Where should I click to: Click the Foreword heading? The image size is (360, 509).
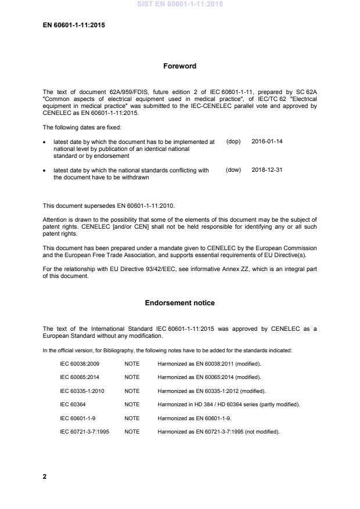tap(180, 66)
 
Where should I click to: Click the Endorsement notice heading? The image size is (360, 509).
tap(180, 302)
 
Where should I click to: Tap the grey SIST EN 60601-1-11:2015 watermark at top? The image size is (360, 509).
tap(180, 4)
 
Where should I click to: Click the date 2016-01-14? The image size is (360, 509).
tap(267, 141)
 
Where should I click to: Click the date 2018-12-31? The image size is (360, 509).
tap(267, 170)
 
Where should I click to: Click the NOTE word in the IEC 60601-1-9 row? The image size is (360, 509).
tap(132, 417)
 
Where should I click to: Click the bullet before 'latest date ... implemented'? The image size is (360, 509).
tap(45, 142)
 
